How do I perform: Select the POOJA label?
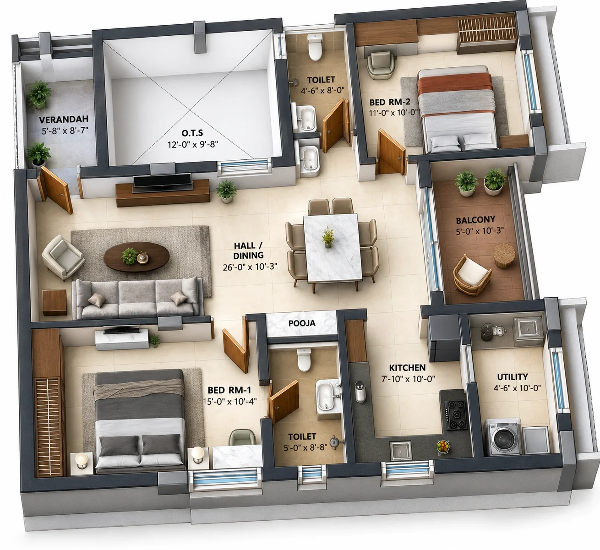(x=302, y=323)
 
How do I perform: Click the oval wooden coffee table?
(x=136, y=257)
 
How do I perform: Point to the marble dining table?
(x=332, y=247)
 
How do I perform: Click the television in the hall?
(x=163, y=180)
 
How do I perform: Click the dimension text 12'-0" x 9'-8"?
(x=192, y=145)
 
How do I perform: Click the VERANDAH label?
(x=64, y=120)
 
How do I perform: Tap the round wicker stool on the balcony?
(x=504, y=255)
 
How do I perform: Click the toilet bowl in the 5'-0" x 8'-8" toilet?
(x=304, y=360)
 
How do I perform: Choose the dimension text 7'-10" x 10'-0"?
(x=408, y=379)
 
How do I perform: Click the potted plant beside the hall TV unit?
(x=226, y=192)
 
